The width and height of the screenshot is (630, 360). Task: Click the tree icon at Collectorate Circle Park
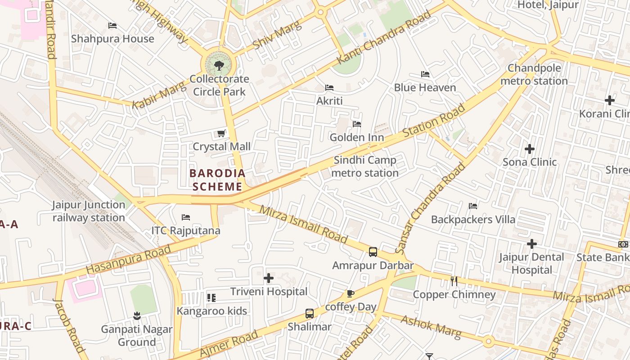click(x=219, y=66)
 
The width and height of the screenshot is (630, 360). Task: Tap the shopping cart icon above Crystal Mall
click(x=221, y=133)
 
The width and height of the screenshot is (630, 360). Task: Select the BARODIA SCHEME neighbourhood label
click(x=217, y=180)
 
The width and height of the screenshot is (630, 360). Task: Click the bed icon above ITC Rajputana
click(x=186, y=217)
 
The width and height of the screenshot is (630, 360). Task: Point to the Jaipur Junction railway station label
click(x=89, y=211)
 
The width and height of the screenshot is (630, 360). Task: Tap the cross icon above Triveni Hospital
click(x=269, y=278)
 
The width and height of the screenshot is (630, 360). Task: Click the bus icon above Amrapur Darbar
click(x=373, y=252)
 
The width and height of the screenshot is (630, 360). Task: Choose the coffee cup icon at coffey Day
click(x=351, y=294)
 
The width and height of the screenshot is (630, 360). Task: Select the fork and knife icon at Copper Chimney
click(x=454, y=281)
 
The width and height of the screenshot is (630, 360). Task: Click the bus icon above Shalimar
click(x=310, y=314)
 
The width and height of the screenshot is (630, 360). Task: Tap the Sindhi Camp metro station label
click(x=365, y=166)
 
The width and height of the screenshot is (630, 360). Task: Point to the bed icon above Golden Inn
click(x=357, y=124)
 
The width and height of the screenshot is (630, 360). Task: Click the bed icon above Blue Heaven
click(x=425, y=74)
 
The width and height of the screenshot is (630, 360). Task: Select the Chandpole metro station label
click(x=534, y=75)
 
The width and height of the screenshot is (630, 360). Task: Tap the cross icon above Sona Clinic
click(x=530, y=148)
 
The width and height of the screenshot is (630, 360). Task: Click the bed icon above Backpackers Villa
click(x=473, y=206)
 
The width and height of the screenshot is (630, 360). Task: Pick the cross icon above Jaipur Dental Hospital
click(x=532, y=244)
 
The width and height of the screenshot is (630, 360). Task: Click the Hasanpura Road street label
click(x=129, y=259)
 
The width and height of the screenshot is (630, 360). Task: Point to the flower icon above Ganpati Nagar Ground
click(x=137, y=316)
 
